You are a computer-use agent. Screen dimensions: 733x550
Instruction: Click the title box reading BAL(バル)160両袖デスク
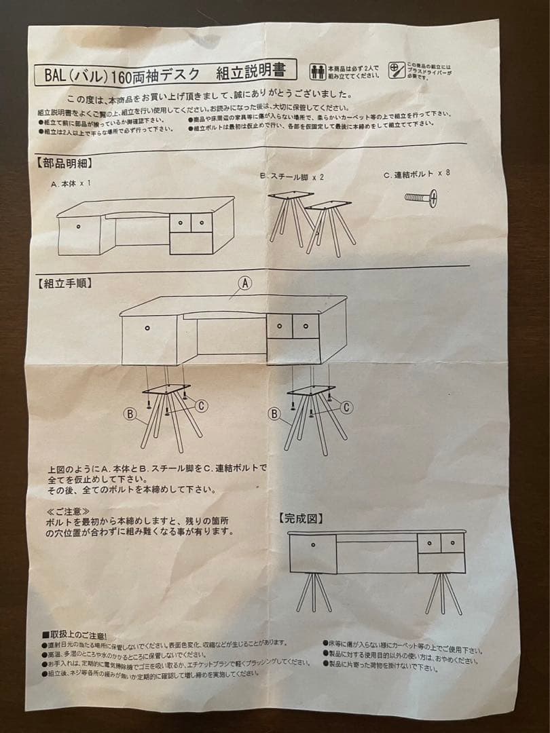(162, 73)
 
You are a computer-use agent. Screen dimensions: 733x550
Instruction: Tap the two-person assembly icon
(317, 71)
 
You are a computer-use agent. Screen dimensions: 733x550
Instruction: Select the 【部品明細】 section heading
(62, 164)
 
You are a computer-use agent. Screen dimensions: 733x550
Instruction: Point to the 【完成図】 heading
(300, 519)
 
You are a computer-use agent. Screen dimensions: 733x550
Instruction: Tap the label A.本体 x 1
(71, 184)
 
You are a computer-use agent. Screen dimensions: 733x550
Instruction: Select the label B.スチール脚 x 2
(292, 176)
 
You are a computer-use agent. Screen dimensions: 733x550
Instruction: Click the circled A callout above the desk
(244, 282)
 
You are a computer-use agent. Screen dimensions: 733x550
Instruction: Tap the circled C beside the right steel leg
(346, 407)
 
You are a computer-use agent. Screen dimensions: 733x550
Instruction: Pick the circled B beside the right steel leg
(274, 413)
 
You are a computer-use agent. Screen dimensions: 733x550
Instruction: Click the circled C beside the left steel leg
(201, 405)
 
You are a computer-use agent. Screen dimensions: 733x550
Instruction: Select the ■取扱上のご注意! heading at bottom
(74, 635)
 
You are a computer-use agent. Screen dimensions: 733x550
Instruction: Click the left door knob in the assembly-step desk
(147, 328)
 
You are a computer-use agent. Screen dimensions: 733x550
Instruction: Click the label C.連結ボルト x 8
(416, 174)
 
